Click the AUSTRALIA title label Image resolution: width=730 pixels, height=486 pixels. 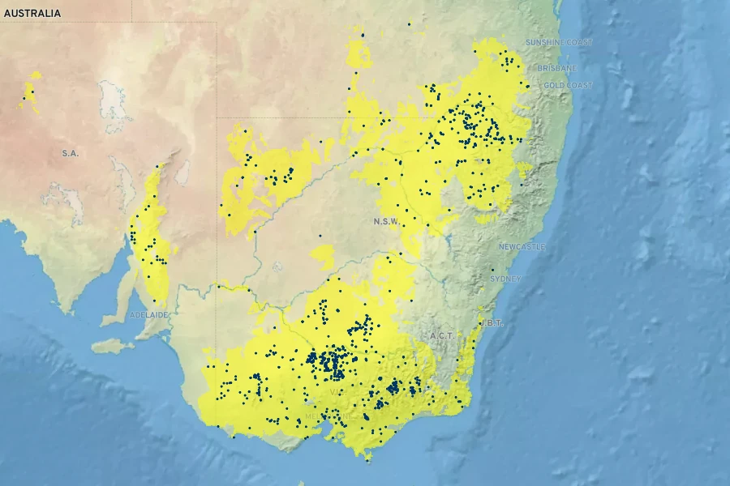pyautogui.click(x=32, y=14)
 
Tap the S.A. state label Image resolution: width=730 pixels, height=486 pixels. pyautogui.click(x=70, y=153)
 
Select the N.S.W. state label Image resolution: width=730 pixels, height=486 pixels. pyautogui.click(x=386, y=221)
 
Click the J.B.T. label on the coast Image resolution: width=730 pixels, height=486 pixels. pyautogui.click(x=492, y=322)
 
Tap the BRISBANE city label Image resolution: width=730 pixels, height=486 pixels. pyautogui.click(x=556, y=68)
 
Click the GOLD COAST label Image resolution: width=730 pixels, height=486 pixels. pyautogui.click(x=568, y=85)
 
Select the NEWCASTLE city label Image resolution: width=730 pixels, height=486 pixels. pyautogui.click(x=522, y=246)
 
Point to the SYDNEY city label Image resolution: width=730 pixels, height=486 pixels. pyautogui.click(x=505, y=279)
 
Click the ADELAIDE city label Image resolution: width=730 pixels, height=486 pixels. pyautogui.click(x=148, y=314)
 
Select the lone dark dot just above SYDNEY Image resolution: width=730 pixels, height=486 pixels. pyautogui.click(x=492, y=270)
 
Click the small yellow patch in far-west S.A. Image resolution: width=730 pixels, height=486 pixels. pyautogui.click(x=31, y=92)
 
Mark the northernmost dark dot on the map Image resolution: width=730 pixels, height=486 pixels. pyautogui.click(x=410, y=24)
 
